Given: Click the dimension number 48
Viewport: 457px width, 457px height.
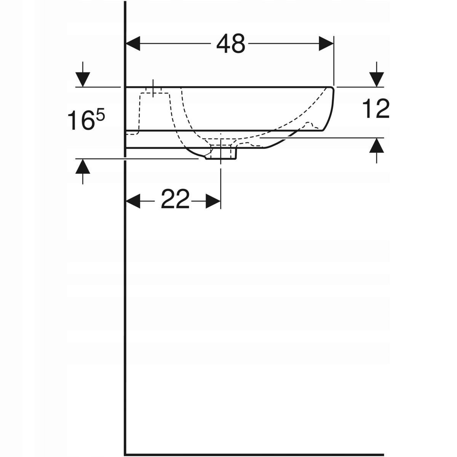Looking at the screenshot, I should coord(231,44).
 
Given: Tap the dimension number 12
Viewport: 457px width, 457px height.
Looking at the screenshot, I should coord(376,109).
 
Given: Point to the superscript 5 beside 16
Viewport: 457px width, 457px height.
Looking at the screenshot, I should coord(100,115).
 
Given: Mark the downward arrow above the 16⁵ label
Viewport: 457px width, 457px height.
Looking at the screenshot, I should coord(83,79).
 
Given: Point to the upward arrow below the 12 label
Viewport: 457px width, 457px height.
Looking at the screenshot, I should coord(377,146).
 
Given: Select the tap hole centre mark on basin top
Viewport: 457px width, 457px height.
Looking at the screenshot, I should coord(153,88).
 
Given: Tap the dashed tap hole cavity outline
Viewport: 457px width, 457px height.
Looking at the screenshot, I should coord(154,110).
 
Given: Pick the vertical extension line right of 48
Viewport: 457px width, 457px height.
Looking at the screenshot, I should coord(334,61).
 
